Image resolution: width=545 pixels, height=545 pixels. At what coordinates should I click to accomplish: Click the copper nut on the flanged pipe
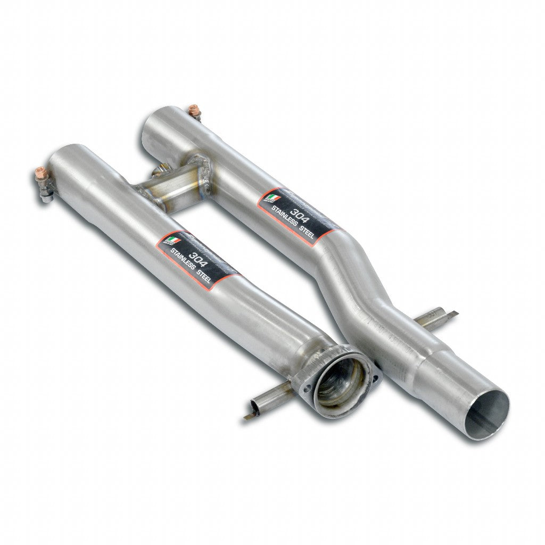click(x=40, y=174)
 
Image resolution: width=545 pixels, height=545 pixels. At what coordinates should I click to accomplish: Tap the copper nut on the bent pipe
click(x=194, y=110)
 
